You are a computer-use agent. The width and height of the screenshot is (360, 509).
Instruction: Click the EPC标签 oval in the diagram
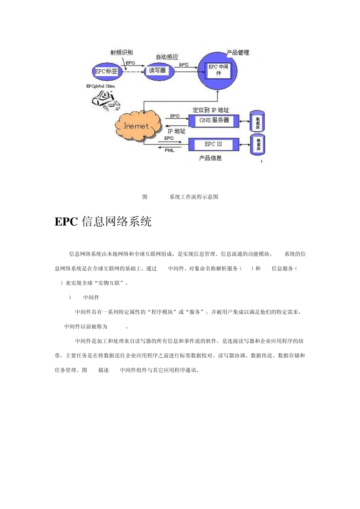click(x=106, y=71)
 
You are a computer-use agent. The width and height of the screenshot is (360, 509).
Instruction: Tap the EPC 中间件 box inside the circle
click(x=218, y=70)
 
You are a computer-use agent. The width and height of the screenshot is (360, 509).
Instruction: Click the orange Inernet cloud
click(x=136, y=126)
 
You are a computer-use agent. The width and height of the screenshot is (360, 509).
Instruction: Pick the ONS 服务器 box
click(x=214, y=120)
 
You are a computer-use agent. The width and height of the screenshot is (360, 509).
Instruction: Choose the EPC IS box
click(x=213, y=144)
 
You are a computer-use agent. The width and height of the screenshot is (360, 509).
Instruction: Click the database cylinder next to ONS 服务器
click(x=258, y=122)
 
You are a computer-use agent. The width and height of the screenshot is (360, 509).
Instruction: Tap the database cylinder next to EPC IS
click(x=258, y=144)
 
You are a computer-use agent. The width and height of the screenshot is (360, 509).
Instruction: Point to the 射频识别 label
click(x=121, y=53)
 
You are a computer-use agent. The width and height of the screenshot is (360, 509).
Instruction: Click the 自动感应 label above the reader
click(x=167, y=57)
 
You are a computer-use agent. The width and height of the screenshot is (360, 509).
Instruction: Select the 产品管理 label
click(x=238, y=53)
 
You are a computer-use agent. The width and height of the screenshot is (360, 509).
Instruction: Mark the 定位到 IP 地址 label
click(x=211, y=110)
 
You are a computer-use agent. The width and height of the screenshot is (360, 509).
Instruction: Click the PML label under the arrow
click(x=169, y=151)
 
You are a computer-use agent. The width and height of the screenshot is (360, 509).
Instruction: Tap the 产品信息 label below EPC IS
click(x=210, y=158)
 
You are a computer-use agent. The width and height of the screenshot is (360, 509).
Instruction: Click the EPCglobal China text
click(x=100, y=86)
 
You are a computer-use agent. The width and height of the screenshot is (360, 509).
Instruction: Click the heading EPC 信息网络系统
click(x=103, y=222)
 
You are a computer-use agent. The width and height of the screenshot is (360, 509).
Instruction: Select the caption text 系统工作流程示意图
click(x=194, y=197)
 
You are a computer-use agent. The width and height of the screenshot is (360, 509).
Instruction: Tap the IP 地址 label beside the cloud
click(x=177, y=131)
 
